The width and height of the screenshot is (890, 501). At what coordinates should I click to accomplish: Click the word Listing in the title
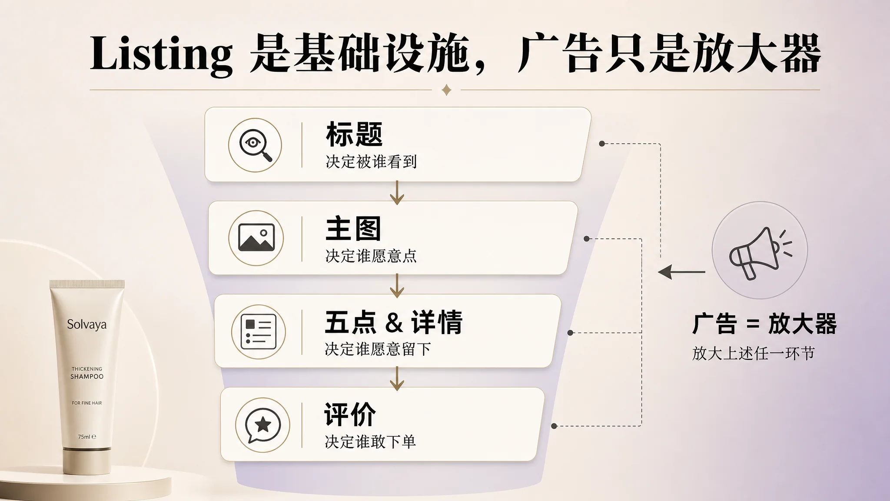[161, 54]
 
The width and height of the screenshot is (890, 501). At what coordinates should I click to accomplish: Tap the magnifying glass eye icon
[256, 145]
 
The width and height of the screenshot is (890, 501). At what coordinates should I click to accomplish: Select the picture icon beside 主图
[256, 237]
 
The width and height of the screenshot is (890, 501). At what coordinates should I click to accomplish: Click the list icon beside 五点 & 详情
[259, 332]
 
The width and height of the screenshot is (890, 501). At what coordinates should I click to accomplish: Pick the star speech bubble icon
[262, 425]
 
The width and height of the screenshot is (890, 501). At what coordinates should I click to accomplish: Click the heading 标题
[354, 134]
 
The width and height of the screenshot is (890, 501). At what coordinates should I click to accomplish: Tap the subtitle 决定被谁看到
[371, 162]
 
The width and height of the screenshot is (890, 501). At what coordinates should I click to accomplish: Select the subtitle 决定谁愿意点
[371, 256]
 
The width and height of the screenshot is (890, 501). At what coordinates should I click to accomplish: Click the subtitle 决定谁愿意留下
[378, 349]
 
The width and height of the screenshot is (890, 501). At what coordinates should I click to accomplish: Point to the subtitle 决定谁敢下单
[370, 442]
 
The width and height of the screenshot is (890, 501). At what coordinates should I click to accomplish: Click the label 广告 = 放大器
[764, 324]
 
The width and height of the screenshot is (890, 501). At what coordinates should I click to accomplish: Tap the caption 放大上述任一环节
[753, 353]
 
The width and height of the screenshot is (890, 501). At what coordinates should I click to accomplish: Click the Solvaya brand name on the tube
[86, 325]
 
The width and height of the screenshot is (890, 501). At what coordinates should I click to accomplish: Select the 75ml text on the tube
[87, 437]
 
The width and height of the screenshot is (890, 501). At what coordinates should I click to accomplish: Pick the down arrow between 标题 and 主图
[397, 193]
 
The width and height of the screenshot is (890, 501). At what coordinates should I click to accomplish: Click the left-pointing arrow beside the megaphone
[681, 272]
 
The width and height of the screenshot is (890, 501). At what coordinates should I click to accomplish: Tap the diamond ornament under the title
[446, 90]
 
